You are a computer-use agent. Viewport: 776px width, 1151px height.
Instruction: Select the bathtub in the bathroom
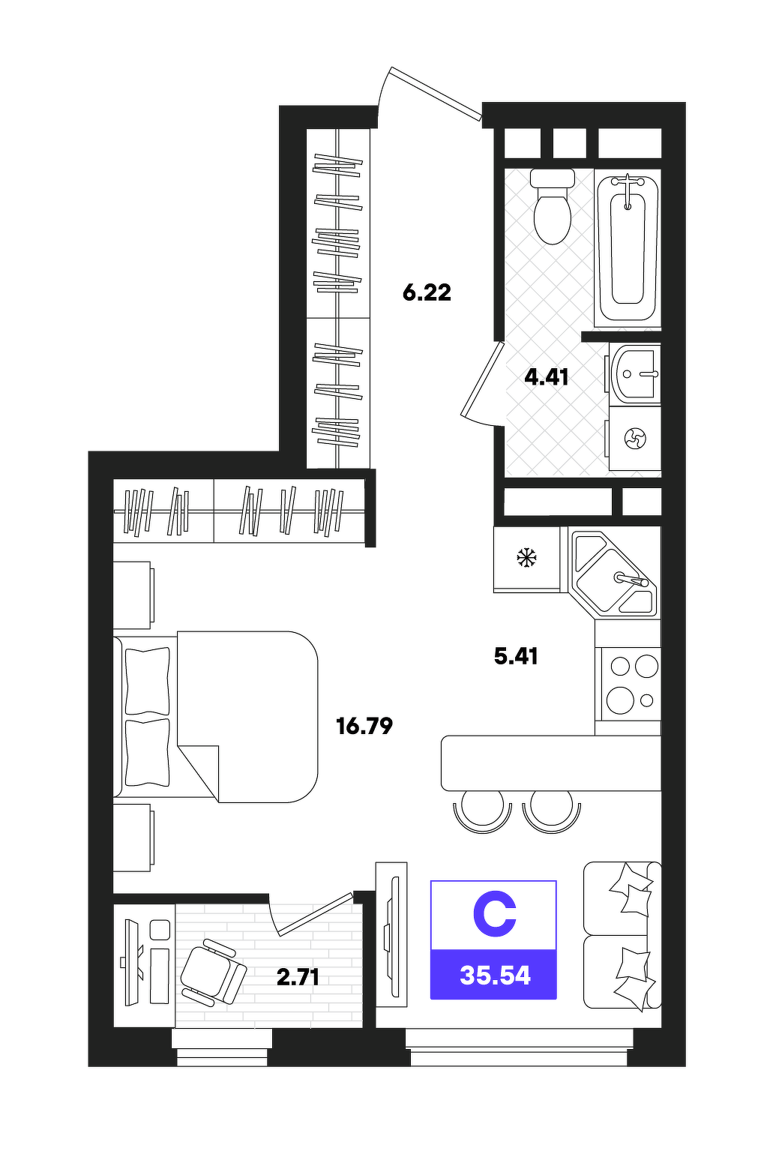pyautogui.click(x=627, y=248)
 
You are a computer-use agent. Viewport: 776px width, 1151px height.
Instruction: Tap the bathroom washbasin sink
pyautogui.click(x=634, y=373)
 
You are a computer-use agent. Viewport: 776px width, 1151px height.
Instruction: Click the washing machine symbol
pyautogui.click(x=635, y=439)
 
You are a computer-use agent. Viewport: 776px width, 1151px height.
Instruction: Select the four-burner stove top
pyautogui.click(x=628, y=684)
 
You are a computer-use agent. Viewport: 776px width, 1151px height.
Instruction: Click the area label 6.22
pyautogui.click(x=427, y=293)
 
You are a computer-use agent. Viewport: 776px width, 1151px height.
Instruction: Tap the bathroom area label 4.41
pyautogui.click(x=547, y=378)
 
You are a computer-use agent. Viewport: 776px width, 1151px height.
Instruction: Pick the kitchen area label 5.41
pyautogui.click(x=516, y=656)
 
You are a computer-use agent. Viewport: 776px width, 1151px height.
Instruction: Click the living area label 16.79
pyautogui.click(x=364, y=726)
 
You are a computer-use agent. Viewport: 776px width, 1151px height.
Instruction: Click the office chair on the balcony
pyautogui.click(x=213, y=973)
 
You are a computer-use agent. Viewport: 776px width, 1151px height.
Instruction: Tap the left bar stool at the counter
pyautogui.click(x=483, y=810)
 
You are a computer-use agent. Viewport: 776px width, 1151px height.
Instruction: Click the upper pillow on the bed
pyautogui.click(x=148, y=681)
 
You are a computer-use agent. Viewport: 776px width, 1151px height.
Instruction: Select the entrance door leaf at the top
pyautogui.click(x=436, y=94)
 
